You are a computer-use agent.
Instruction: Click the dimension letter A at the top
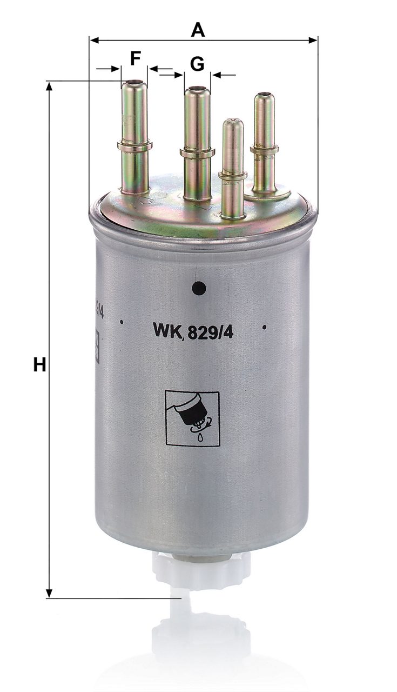click(x=198, y=30)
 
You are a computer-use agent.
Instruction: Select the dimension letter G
click(x=197, y=64)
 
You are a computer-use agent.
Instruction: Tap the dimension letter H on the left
click(x=40, y=364)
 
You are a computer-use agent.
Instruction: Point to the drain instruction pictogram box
click(x=192, y=418)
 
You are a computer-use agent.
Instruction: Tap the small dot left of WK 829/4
click(x=122, y=322)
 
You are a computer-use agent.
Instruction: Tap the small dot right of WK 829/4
click(x=264, y=327)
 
